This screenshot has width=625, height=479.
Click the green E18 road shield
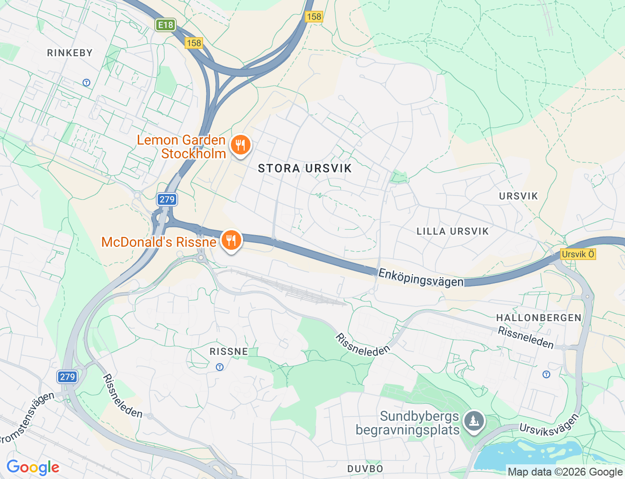(166, 25)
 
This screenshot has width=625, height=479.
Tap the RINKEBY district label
(70, 53)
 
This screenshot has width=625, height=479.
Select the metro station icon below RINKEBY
(86, 83)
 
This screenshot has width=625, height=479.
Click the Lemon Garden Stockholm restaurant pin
(240, 145)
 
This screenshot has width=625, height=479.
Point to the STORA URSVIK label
(305, 168)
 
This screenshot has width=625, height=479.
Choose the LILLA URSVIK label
(453, 231)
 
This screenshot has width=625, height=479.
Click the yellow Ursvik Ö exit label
(578, 254)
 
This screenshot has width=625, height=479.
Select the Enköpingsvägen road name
(421, 278)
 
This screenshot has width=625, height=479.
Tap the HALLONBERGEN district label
(539, 318)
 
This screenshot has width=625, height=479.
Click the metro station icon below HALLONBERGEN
(546, 374)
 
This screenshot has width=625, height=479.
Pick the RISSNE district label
(229, 351)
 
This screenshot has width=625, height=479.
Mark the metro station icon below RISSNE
(220, 367)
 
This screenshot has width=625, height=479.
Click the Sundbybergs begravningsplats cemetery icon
(474, 420)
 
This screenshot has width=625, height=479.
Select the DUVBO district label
(365, 469)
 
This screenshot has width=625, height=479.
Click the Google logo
(33, 468)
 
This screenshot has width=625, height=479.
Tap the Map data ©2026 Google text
(565, 472)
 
